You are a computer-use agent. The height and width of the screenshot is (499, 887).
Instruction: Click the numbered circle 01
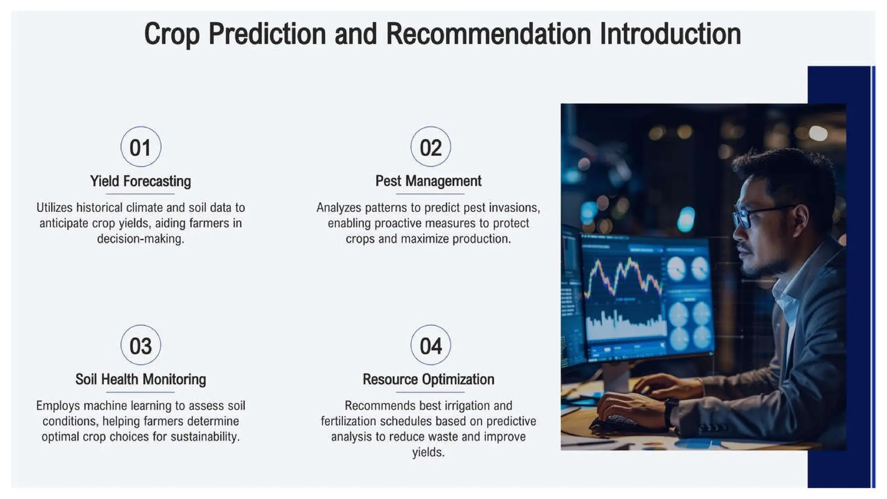click(x=141, y=147)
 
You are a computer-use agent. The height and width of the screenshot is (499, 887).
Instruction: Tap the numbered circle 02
click(x=431, y=147)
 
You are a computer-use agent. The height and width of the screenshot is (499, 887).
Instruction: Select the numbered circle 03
click(x=141, y=345)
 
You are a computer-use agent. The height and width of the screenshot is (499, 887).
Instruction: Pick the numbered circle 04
click(x=431, y=345)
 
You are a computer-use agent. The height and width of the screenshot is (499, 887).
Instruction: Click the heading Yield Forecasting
click(x=140, y=181)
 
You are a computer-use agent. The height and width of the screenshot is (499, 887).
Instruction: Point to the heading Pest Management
click(x=428, y=181)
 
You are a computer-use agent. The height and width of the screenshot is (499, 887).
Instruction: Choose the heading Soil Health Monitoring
click(x=140, y=379)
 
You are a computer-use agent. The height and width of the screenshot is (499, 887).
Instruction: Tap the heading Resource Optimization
click(x=428, y=379)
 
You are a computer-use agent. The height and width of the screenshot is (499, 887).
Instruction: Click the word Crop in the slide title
click(x=172, y=35)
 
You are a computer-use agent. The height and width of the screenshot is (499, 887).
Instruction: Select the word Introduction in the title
click(x=670, y=35)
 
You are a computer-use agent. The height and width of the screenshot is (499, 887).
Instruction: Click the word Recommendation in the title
click(x=489, y=35)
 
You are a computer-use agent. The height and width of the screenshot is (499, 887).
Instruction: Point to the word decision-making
click(x=140, y=239)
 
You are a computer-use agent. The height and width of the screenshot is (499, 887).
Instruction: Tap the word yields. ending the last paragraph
click(x=428, y=453)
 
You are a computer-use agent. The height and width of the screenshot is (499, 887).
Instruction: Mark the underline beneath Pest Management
click(x=430, y=194)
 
